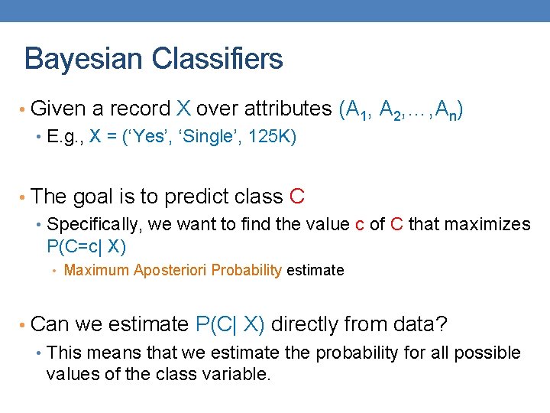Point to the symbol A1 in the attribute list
(x=357, y=111)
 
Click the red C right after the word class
(x=297, y=197)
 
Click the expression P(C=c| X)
(x=86, y=246)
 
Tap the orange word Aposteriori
(x=171, y=270)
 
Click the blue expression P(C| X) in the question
(x=230, y=324)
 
